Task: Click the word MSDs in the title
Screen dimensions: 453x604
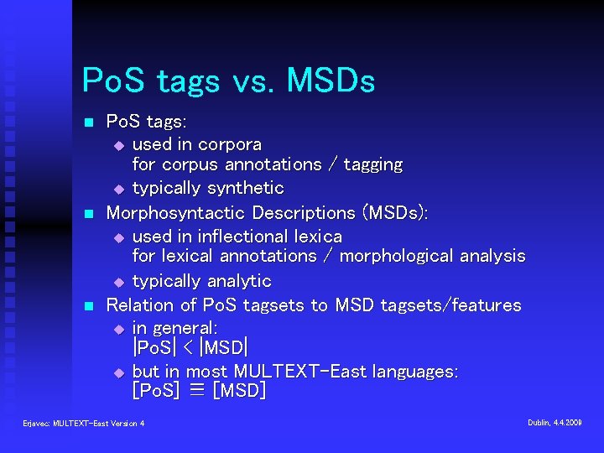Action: (x=331, y=81)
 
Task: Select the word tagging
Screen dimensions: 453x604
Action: (x=367, y=164)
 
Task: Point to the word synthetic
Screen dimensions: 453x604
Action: (x=243, y=188)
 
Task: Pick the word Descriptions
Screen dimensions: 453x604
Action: (x=304, y=212)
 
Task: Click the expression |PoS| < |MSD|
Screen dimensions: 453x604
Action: (x=190, y=347)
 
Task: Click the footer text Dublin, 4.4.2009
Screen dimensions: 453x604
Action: (x=555, y=423)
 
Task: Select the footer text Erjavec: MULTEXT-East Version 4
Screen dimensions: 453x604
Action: (x=84, y=424)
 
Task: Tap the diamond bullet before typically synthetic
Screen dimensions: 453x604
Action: (x=118, y=189)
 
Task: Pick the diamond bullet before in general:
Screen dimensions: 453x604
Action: (x=118, y=328)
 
